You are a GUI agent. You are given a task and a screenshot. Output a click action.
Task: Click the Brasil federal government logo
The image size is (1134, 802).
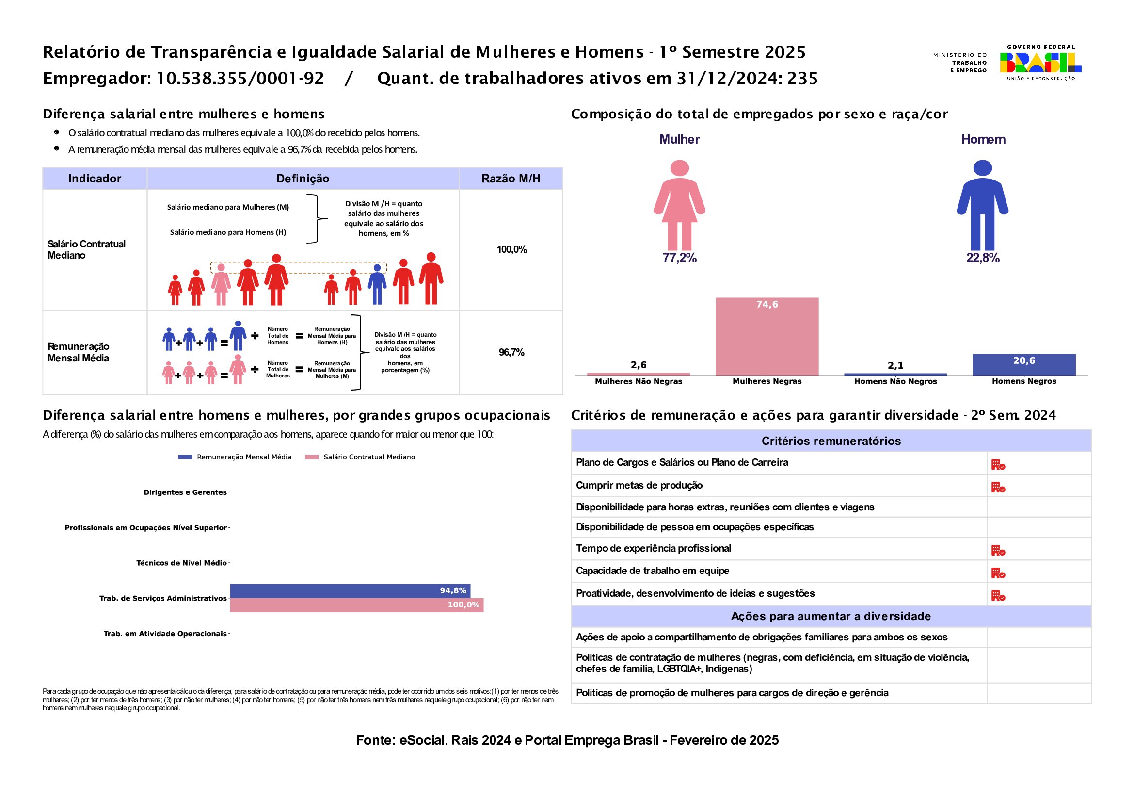[x=1040, y=63]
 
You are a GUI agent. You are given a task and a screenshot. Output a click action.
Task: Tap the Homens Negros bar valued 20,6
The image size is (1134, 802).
[x=1024, y=365]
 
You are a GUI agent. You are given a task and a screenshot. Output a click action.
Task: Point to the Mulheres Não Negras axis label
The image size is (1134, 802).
[x=638, y=381]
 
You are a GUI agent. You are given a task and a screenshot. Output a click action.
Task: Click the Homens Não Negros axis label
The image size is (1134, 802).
[x=895, y=381]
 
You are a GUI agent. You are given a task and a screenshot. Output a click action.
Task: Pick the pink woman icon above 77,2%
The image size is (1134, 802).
[x=679, y=205]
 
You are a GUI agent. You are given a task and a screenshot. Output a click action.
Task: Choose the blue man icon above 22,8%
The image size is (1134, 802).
[x=982, y=205]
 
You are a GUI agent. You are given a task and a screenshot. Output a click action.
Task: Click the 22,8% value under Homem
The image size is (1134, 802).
[x=982, y=258]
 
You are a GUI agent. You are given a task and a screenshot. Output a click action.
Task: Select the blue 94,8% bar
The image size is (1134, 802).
[x=350, y=590]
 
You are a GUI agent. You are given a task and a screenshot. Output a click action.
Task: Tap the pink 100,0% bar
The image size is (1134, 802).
[x=357, y=605]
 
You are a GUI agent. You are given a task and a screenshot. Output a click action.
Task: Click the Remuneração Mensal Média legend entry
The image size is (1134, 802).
[x=235, y=457]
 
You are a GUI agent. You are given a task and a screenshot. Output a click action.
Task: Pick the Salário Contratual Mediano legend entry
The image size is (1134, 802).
[x=361, y=457]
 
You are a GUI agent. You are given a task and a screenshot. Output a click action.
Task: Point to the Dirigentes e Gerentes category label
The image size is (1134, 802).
[x=185, y=492]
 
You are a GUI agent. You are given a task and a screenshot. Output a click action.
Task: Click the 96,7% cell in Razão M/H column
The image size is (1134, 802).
[x=511, y=352]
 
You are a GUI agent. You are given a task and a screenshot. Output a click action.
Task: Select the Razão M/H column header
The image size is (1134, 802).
[x=511, y=179]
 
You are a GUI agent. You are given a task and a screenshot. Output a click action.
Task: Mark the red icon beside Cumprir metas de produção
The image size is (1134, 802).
[x=998, y=488]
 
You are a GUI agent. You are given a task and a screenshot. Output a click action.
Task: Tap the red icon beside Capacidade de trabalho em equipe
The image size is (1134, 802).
[x=998, y=573]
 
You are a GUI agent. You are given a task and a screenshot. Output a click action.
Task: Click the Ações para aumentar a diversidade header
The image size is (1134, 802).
[x=831, y=616]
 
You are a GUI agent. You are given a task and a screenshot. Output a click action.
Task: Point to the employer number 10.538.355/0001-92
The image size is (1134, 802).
[x=240, y=79]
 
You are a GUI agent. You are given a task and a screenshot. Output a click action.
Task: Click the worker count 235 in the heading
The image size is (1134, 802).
[x=802, y=79]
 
